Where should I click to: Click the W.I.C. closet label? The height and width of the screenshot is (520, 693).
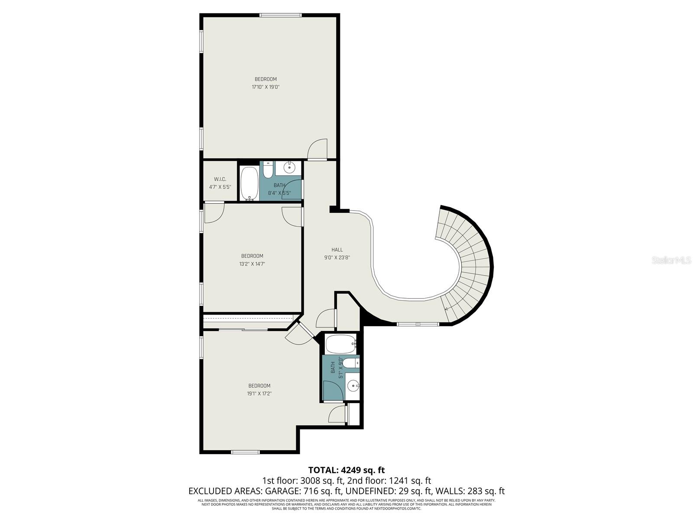pos(220,179)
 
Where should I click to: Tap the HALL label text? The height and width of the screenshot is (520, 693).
pos(337,250)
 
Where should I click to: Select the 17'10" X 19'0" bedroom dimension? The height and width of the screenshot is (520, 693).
pos(266,87)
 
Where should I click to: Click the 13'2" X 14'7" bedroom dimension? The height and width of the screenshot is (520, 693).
pos(252,264)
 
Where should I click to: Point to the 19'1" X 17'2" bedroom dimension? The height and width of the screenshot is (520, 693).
pos(259,394)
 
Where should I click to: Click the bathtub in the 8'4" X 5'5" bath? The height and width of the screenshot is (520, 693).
pos(249,184)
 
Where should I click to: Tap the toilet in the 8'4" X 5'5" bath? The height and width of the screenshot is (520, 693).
pos(268,170)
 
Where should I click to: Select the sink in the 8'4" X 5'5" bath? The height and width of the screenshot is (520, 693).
pos(289,167)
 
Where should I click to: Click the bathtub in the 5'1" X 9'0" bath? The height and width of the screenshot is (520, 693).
pos(341,344)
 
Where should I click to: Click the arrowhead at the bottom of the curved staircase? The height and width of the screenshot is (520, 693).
pos(447,309)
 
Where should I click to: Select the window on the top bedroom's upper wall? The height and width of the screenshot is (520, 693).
pos(280,16)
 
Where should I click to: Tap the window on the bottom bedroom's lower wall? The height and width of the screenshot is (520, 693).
pos(245,452)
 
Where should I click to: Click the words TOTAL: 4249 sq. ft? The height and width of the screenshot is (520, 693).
pos(346,470)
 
